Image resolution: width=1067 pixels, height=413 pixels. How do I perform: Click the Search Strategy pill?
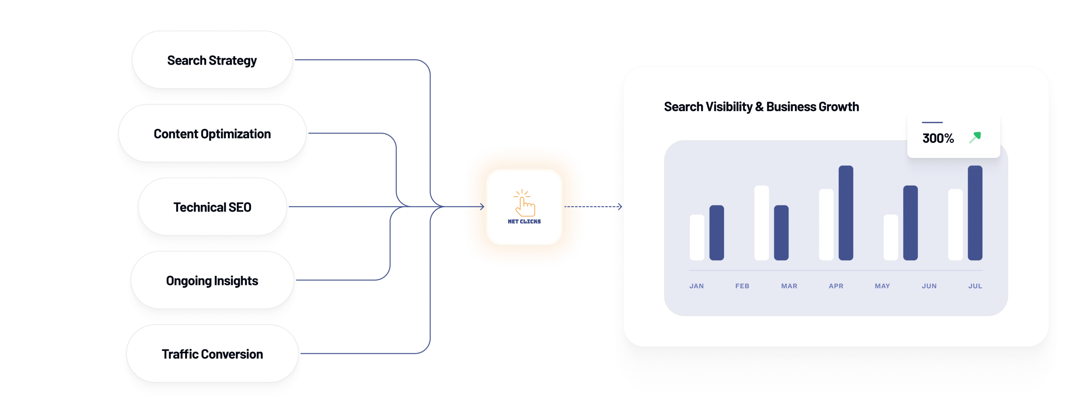pyautogui.click(x=212, y=60)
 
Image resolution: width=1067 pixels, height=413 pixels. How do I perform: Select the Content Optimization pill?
pyautogui.click(x=212, y=134)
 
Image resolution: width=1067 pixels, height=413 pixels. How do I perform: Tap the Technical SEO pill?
pyautogui.click(x=212, y=207)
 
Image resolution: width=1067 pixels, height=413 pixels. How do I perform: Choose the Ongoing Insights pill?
pyautogui.click(x=212, y=281)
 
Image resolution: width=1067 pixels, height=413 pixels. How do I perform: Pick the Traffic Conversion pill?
pyautogui.click(x=212, y=354)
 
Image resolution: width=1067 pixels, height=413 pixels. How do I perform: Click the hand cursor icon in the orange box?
pyautogui.click(x=524, y=203)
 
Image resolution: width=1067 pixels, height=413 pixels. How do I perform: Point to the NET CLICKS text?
pyautogui.click(x=524, y=222)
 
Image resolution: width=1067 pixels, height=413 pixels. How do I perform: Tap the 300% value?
pyautogui.click(x=938, y=139)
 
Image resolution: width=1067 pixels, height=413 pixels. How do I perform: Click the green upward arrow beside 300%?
pyautogui.click(x=975, y=137)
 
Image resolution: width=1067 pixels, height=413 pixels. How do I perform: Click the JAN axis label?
pyautogui.click(x=696, y=286)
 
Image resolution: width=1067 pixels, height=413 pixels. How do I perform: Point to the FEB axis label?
pyautogui.click(x=742, y=286)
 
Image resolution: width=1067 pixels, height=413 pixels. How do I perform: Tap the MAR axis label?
pyautogui.click(x=789, y=286)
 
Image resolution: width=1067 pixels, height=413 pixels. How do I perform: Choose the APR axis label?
pyautogui.click(x=836, y=286)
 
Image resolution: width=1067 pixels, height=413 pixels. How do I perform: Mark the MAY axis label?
pyautogui.click(x=882, y=286)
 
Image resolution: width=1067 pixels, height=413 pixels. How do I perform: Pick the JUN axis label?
pyautogui.click(x=929, y=286)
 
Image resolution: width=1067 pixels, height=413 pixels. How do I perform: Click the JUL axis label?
pyautogui.click(x=975, y=286)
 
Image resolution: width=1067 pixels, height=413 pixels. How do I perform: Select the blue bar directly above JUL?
pyautogui.click(x=975, y=213)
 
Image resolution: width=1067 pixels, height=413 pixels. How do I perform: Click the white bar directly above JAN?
pyautogui.click(x=697, y=237)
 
